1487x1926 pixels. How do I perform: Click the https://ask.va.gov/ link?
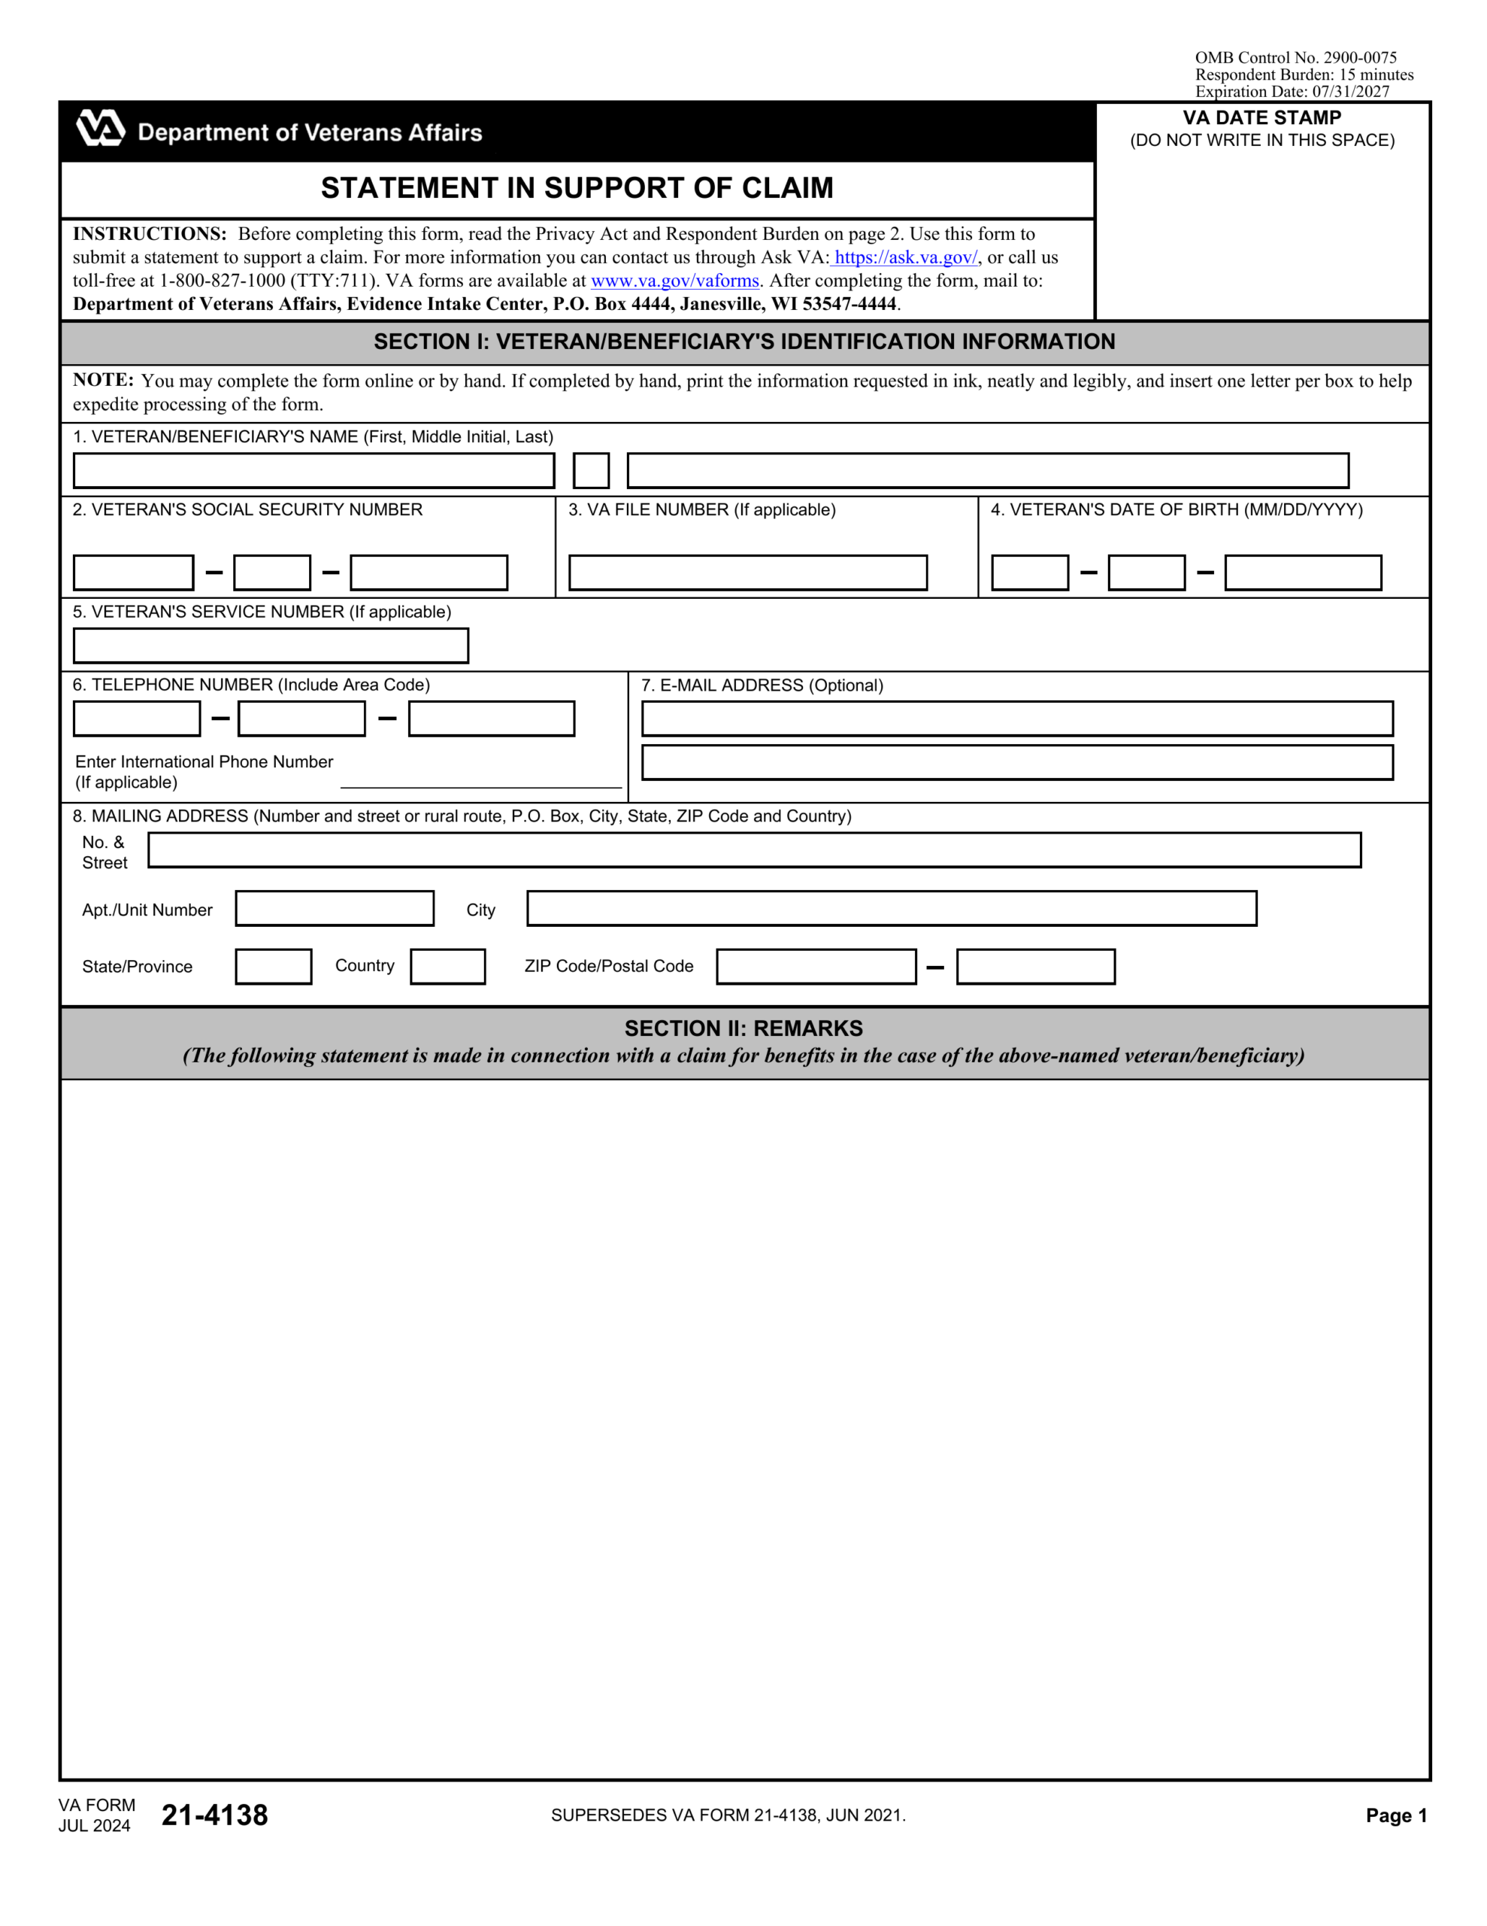click(x=905, y=257)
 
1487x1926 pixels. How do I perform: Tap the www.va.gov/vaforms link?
click(x=674, y=281)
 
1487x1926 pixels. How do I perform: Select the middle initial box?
click(x=591, y=470)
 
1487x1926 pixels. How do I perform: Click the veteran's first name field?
click(x=313, y=470)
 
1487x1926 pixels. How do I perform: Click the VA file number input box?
click(x=747, y=573)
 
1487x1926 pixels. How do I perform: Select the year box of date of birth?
click(x=1302, y=573)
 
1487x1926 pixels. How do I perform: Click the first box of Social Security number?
click(x=133, y=573)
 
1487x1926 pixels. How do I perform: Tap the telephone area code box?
click(x=137, y=718)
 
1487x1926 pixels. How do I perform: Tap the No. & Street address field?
click(x=753, y=849)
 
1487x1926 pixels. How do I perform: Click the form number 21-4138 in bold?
click(x=214, y=1814)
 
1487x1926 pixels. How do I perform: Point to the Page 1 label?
click(x=1395, y=1815)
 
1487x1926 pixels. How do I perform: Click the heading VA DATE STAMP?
click(x=1261, y=117)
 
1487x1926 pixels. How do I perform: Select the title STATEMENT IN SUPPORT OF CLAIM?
click(x=577, y=188)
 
